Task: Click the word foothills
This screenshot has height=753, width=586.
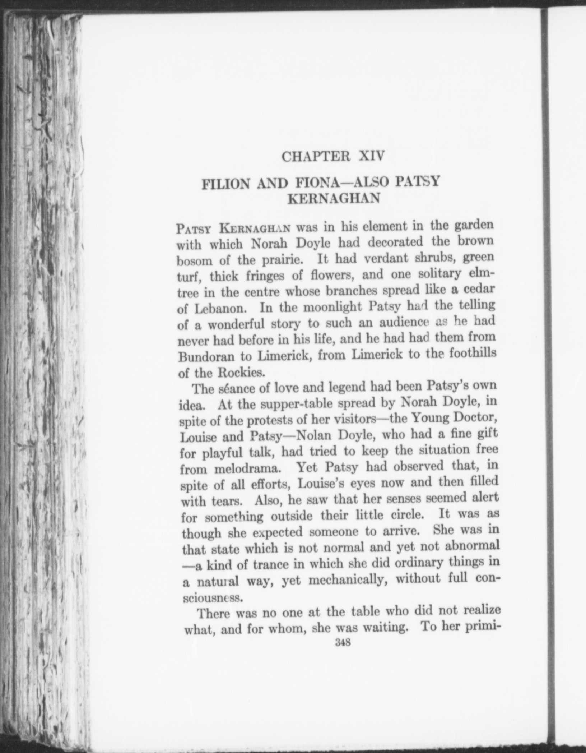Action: tap(473, 352)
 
